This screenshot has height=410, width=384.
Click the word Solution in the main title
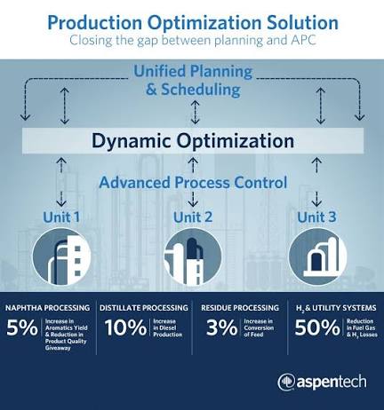coord(302,22)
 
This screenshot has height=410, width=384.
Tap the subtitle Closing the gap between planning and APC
coord(193,40)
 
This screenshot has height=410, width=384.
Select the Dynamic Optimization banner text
coord(193,141)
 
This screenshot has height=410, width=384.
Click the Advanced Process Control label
coord(193,183)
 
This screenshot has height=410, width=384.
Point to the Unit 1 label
coord(61,217)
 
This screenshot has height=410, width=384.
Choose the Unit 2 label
coord(193,217)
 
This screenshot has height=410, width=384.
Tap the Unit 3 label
coord(316,217)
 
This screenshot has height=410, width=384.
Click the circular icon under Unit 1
coord(61,256)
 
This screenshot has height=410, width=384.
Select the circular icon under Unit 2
coord(193,256)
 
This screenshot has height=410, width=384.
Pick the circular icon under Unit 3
coord(317,256)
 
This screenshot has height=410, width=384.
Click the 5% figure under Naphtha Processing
coord(22,327)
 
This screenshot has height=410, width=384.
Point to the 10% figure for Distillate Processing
coord(125,327)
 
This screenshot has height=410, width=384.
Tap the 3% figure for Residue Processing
coord(222,327)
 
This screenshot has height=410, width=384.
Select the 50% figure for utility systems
coord(317,327)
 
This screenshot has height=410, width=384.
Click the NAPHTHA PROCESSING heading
coord(47,308)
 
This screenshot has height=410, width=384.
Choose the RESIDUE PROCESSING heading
coord(240,308)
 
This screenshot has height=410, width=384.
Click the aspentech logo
coord(322,382)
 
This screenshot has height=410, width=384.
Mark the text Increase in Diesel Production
coord(168,327)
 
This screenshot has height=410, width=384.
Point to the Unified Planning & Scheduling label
coord(193,80)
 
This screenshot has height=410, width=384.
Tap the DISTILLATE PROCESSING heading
coord(144,308)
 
